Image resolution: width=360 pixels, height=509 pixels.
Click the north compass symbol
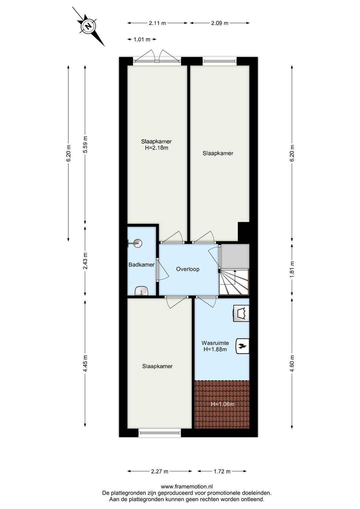[88, 26]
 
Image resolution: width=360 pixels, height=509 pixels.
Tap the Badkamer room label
[141, 265]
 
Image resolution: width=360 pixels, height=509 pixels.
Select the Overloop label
[188, 269]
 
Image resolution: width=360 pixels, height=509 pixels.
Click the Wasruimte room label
[215, 343]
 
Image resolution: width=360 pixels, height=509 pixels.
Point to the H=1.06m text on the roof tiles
[222, 404]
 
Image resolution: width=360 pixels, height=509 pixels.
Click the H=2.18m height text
[156, 148]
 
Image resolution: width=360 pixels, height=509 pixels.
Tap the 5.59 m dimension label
[85, 145]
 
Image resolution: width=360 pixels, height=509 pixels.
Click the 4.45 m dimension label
[85, 364]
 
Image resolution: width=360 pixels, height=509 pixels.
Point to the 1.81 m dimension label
[292, 269]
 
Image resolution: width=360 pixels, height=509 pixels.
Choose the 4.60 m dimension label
[292, 364]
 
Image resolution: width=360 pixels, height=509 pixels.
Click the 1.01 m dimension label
[142, 39]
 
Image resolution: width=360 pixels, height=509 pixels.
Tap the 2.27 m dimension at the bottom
[159, 471]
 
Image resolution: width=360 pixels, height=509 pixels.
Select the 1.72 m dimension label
[222, 471]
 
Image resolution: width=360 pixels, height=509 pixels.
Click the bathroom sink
[142, 291]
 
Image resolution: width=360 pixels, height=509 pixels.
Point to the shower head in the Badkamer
[137, 243]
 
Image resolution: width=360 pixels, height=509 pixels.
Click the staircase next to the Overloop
[234, 282]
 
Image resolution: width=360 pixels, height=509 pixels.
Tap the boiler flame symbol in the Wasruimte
[242, 346]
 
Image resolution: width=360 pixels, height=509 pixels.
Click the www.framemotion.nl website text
[187, 487]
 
